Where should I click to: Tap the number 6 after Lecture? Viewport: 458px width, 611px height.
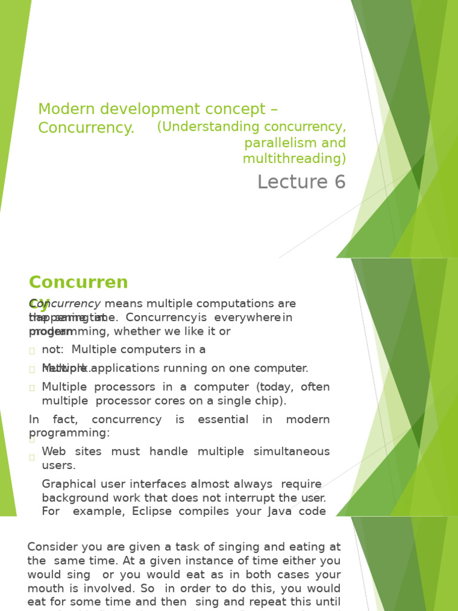(340, 182)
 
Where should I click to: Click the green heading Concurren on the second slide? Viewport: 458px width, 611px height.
(78, 282)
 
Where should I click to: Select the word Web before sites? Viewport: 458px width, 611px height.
(54, 452)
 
